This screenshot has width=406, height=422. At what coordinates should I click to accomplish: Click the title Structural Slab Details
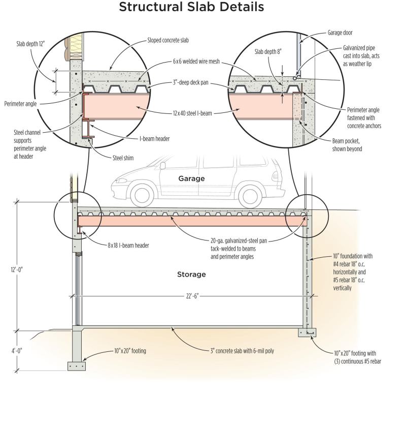(x=191, y=7)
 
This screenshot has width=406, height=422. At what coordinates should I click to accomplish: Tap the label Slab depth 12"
(x=30, y=44)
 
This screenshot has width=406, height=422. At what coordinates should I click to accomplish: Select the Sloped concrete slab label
(x=168, y=40)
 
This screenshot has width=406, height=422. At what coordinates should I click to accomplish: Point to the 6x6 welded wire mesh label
(x=196, y=62)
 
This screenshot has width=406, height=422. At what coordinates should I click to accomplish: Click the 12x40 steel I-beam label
(x=192, y=113)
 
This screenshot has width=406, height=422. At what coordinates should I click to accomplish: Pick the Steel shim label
(x=123, y=158)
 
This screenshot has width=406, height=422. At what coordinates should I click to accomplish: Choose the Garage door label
(x=340, y=33)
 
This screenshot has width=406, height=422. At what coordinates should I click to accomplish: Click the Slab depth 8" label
(x=268, y=52)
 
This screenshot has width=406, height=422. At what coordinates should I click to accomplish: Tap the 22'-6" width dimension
(x=192, y=296)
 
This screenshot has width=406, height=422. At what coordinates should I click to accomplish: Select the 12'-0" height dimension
(x=17, y=269)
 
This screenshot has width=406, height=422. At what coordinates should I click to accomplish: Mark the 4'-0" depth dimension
(x=17, y=351)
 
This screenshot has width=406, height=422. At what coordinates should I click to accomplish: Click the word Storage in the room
(x=191, y=275)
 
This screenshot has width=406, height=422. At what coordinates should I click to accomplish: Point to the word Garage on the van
(x=191, y=178)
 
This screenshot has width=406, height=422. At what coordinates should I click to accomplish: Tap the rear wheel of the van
(x=250, y=196)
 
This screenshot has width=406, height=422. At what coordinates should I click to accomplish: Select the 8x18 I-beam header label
(x=128, y=246)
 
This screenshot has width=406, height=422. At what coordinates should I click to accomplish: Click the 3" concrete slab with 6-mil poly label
(x=242, y=351)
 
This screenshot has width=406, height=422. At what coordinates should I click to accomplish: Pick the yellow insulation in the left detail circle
(x=76, y=48)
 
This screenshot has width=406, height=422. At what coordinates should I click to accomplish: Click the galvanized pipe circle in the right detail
(x=295, y=78)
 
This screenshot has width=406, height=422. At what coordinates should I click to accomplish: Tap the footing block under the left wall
(x=77, y=366)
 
